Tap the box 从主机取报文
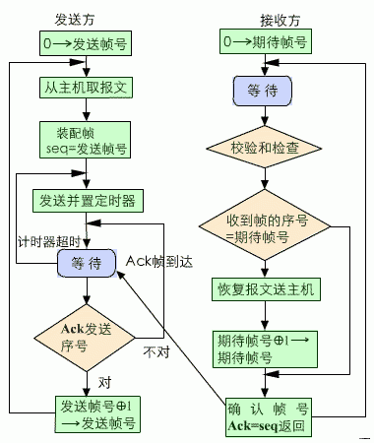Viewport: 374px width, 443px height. tap(87, 87)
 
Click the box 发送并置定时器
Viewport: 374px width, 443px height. tap(87, 201)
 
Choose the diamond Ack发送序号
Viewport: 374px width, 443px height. tap(87, 338)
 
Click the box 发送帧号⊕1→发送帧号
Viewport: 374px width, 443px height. tap(96, 414)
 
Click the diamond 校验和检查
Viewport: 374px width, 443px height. tap(264, 150)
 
